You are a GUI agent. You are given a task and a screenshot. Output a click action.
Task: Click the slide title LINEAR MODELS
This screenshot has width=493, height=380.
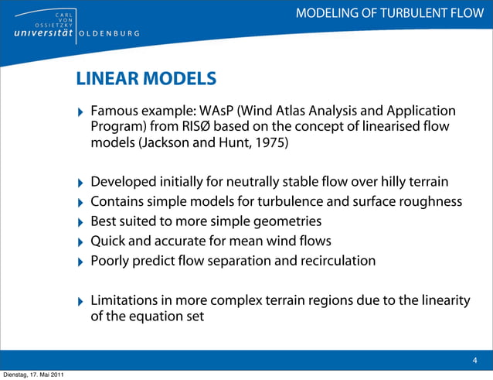click(145, 78)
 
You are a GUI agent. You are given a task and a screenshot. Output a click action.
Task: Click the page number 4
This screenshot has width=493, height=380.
click(474, 360)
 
